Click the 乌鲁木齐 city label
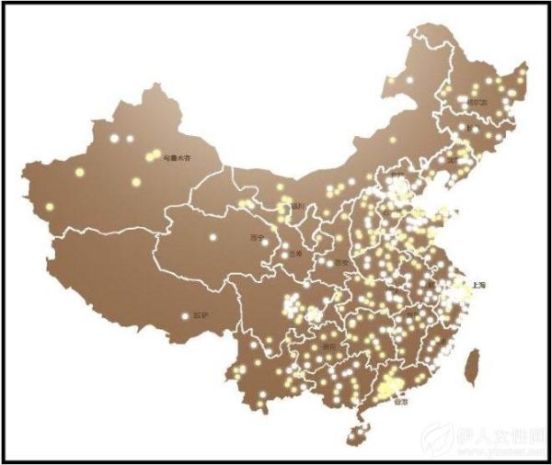click(x=177, y=158)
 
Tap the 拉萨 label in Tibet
click(x=201, y=315)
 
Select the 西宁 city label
click(x=256, y=237)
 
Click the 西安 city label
click(x=342, y=263)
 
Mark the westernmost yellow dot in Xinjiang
click(x=48, y=207)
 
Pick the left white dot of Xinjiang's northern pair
click(x=114, y=139)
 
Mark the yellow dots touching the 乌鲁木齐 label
click(x=153, y=156)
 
